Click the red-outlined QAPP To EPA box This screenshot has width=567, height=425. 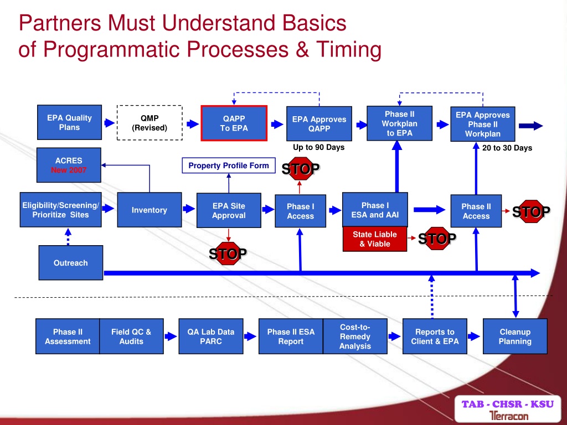point(234,123)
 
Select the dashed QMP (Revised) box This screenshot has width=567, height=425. point(150,123)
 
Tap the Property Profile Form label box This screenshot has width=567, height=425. point(229,165)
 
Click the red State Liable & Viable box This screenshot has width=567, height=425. point(375,239)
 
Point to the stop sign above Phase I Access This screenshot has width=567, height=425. point(301,168)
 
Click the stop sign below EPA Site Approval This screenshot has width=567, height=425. point(228,253)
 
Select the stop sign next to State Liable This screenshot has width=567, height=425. point(437,238)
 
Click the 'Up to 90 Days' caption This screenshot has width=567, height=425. point(318,147)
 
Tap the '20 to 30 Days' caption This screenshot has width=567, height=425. point(507,148)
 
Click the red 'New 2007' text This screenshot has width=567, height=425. point(69,170)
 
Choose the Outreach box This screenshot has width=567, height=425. point(70,263)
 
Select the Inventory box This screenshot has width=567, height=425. point(150,210)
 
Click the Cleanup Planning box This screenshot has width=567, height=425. point(515,336)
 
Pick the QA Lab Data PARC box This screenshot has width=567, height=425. point(211,336)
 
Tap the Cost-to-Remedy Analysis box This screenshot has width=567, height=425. point(355,336)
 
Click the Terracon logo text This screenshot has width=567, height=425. point(509,416)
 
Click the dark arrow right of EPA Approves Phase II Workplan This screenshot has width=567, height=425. point(531,126)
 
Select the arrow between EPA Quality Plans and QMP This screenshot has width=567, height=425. point(109,123)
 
